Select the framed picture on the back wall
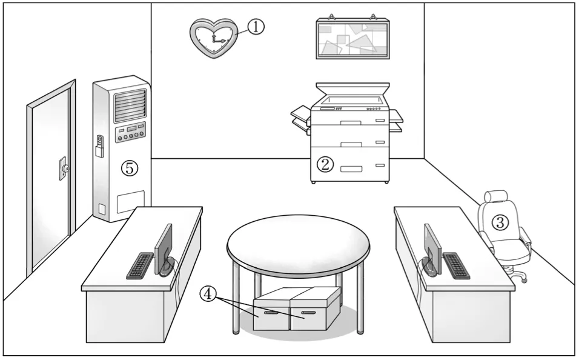(352, 39)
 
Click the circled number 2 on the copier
(326, 164)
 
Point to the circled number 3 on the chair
(500, 222)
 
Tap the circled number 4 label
(208, 294)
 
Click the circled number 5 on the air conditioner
(128, 168)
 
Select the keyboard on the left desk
(140, 265)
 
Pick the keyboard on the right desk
(456, 265)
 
